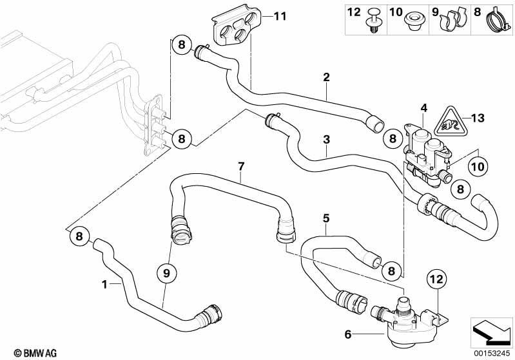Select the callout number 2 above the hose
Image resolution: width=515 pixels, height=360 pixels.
pyautogui.click(x=327, y=78)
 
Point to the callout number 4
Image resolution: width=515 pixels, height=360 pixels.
pyautogui.click(x=423, y=108)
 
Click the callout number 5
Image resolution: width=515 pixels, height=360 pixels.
pyautogui.click(x=327, y=218)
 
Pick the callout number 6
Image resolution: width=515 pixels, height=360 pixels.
pyautogui.click(x=349, y=334)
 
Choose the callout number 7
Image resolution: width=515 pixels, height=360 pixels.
pyautogui.click(x=241, y=167)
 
